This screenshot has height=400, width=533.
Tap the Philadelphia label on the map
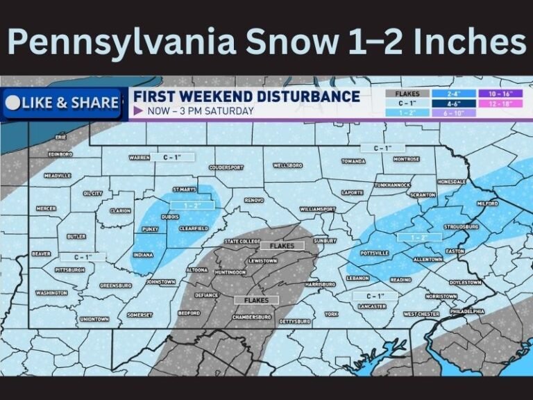466,312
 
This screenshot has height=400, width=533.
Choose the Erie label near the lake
61,137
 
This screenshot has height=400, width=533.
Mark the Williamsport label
318,209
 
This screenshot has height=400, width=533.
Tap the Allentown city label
428,259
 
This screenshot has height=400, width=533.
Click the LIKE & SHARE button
62,103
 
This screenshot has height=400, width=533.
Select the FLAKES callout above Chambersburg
257,300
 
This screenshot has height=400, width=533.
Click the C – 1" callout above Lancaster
375,296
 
